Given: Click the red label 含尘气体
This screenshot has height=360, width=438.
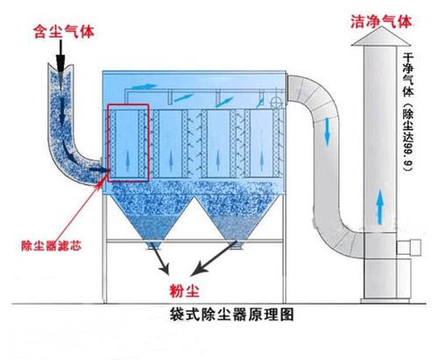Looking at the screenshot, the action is coord(64,32).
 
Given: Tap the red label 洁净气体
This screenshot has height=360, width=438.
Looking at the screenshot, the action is coord(381,22).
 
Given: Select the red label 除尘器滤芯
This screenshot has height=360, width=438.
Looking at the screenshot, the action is coord(52,246).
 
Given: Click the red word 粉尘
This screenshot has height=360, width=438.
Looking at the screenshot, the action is coord(185,290).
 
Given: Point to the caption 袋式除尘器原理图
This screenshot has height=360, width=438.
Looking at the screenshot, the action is coord(231,314).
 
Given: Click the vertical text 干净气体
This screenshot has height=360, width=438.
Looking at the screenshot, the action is coord(408,74).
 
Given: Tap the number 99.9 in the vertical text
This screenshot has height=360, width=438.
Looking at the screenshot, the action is coord(408,156).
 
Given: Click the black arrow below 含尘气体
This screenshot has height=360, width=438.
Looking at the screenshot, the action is coord(60,56).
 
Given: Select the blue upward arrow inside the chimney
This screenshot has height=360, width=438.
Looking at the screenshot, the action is coord(379,207).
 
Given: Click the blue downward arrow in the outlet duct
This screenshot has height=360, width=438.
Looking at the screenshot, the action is coord(327,132).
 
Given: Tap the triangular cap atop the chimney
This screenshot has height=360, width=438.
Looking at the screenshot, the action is coord(381,37).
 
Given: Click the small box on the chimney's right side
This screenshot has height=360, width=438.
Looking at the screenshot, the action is coord(408,248).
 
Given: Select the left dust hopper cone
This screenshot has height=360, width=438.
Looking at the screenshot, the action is coord(151,220).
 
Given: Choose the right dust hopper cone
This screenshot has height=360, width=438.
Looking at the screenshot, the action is coord(238,220).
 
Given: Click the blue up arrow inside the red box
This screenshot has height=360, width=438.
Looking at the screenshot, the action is coord(127,161).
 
